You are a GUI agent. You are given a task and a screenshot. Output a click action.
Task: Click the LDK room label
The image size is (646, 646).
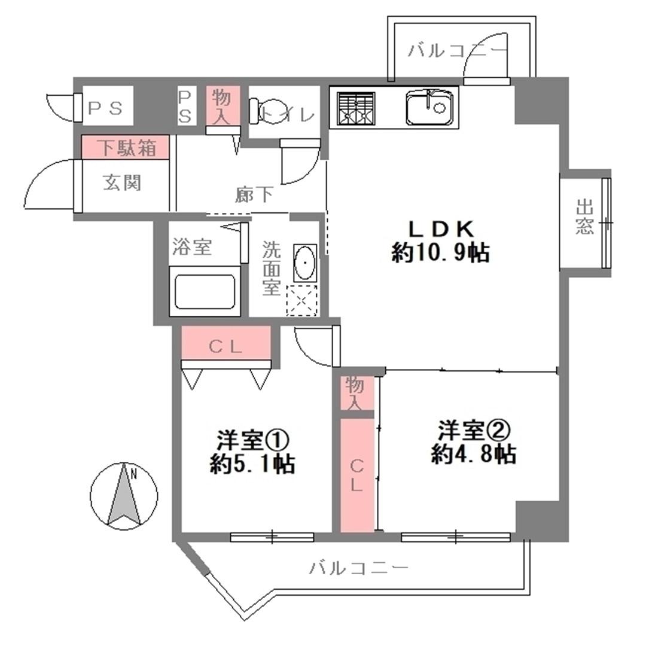pos(440,229)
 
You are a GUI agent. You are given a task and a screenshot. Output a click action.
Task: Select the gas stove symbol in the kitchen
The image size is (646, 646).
pos(356,108)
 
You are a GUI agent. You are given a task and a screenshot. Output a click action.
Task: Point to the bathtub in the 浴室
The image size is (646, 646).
pos(205,291)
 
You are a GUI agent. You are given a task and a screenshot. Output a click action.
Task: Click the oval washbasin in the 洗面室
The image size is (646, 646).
pos(305,263)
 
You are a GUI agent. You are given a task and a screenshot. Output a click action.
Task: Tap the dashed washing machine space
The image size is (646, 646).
pos(301,300)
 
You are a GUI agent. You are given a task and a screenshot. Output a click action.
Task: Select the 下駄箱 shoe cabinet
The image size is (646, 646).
pos(125,147)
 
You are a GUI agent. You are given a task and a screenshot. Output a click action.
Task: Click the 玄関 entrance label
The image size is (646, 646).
pos(122,182)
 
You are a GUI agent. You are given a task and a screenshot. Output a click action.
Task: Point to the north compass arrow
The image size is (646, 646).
pos(124,496)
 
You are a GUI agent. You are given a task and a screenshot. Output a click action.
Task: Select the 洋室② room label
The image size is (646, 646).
pos(474,430)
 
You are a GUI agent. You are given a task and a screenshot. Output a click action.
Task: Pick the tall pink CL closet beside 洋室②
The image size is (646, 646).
pos(356,476)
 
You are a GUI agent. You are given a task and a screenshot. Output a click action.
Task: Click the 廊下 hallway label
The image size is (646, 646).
pos(254,194)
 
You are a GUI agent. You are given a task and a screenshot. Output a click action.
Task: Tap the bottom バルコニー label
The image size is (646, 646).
pos(358,568)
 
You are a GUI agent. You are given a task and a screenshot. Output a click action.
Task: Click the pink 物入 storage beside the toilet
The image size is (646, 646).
pos(223,106)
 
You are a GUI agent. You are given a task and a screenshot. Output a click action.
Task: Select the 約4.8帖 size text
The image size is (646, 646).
pos(474,455)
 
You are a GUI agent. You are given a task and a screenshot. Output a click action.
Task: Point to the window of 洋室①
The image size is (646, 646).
pos(272,537)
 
